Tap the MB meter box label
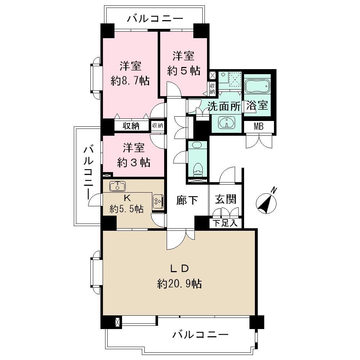(x=258, y=127)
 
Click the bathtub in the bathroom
(x=257, y=87)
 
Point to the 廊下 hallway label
(x=187, y=201)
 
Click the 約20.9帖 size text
(x=179, y=284)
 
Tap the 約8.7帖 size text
(x=130, y=81)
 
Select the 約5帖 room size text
(x=184, y=71)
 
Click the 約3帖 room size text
(x=134, y=163)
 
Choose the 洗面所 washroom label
(x=221, y=107)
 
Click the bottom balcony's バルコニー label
(x=200, y=335)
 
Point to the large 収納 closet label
(x=131, y=126)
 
